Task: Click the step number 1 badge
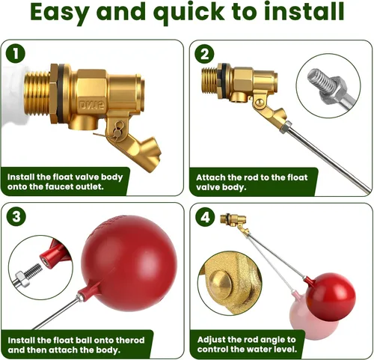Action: tap(16, 53)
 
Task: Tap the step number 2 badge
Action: tap(204, 54)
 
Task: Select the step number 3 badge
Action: tap(16, 216)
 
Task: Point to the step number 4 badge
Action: tap(205, 217)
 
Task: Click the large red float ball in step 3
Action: tap(129, 263)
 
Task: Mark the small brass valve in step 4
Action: tap(234, 222)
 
